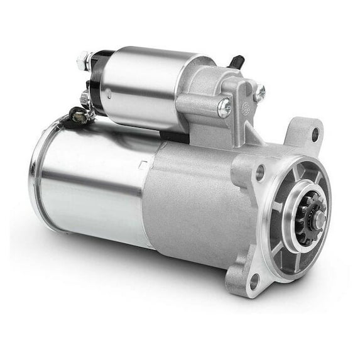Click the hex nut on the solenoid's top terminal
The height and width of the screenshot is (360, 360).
(82, 62)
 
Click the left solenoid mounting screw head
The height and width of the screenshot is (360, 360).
(224, 107)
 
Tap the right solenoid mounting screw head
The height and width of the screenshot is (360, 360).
(259, 93)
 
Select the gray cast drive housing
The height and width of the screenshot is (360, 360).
(195, 201)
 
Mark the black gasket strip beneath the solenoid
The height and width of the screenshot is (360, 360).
(173, 136)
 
